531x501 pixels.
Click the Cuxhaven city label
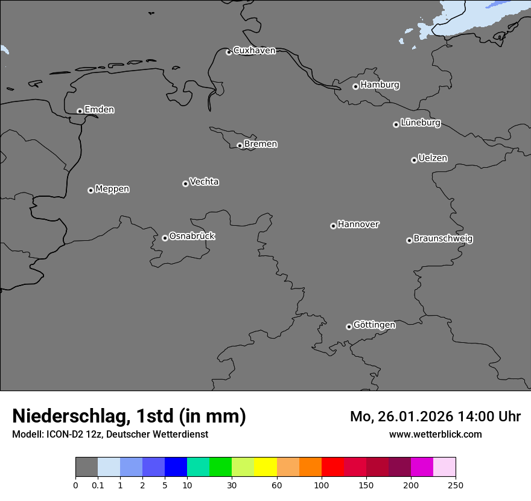(x=254, y=51)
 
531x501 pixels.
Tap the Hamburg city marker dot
(x=355, y=86)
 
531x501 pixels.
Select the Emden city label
(x=99, y=110)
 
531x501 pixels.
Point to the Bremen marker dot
(x=240, y=145)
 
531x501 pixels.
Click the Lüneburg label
(x=420, y=123)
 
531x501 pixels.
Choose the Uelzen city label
(x=433, y=159)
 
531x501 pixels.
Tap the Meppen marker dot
(x=91, y=190)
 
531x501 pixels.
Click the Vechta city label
(x=204, y=182)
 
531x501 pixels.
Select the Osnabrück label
(x=192, y=237)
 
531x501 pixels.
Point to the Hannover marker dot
(x=333, y=226)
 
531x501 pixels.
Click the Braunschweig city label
(x=443, y=239)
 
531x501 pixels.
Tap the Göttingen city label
(x=374, y=325)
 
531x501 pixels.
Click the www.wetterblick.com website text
(x=435, y=435)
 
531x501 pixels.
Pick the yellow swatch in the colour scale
(x=265, y=467)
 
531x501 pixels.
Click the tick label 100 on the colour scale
(x=321, y=485)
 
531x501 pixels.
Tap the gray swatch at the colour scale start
(x=86, y=467)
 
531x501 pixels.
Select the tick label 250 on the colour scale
(x=455, y=485)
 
